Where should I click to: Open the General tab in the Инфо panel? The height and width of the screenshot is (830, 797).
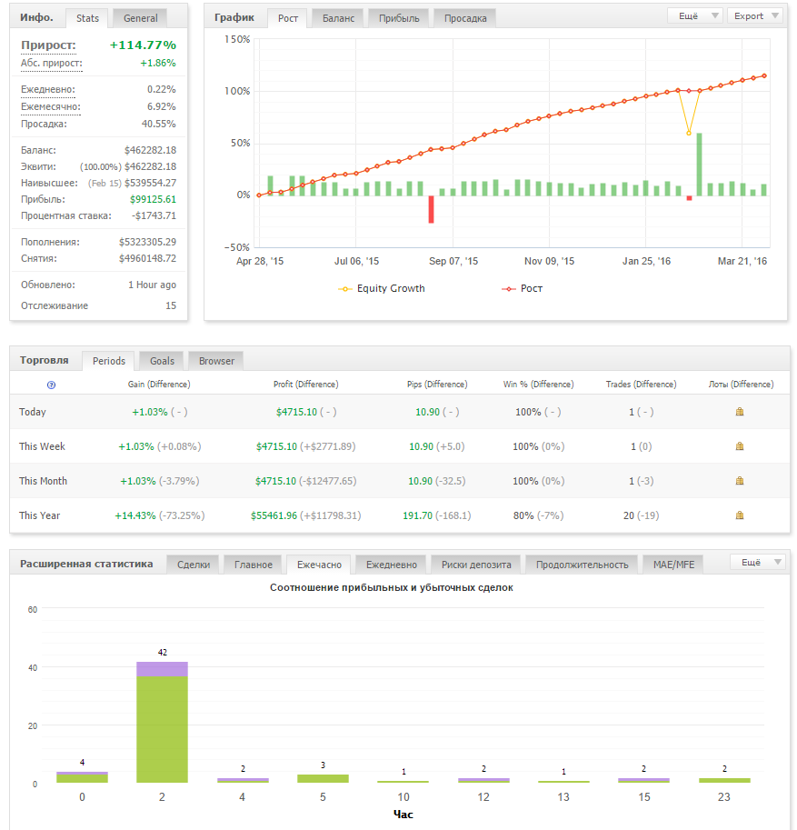click(140, 18)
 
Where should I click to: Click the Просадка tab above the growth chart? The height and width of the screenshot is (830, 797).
click(465, 18)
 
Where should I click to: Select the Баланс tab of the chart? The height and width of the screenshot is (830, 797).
click(338, 18)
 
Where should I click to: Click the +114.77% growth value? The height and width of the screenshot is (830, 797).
click(143, 45)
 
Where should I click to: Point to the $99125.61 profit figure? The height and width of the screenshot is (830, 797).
click(153, 199)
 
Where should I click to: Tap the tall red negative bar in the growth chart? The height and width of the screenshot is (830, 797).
click(432, 209)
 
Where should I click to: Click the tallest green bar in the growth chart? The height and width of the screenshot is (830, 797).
click(699, 165)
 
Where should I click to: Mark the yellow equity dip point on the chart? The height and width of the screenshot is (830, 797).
click(689, 133)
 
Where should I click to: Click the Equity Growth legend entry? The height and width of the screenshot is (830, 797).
click(382, 288)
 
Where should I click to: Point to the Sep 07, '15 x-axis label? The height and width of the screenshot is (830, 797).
click(453, 261)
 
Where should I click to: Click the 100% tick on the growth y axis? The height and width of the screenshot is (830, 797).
click(237, 91)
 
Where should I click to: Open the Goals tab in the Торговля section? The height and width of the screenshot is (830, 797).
click(162, 361)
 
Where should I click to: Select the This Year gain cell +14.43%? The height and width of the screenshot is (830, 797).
click(135, 515)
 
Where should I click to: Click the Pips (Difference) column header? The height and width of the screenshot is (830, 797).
click(437, 385)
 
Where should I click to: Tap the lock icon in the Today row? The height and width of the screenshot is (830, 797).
click(740, 412)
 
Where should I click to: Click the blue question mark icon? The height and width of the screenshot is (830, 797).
click(51, 385)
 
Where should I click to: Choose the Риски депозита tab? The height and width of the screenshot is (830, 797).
click(476, 565)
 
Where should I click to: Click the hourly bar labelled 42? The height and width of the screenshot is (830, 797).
click(162, 722)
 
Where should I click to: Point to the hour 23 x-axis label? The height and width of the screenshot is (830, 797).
click(724, 797)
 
